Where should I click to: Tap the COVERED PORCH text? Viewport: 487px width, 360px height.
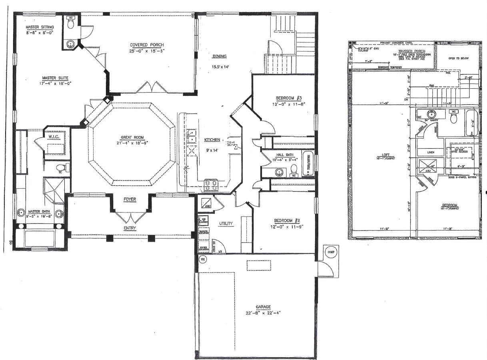click(x=147, y=45)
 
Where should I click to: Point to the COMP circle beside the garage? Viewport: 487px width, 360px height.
click(x=329, y=253)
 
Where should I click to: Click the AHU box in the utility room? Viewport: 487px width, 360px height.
click(x=206, y=203)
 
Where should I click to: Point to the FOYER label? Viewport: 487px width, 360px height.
click(x=129, y=199)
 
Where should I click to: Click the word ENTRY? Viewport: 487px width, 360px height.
click(x=130, y=228)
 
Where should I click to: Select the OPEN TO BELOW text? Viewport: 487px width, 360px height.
click(x=458, y=58)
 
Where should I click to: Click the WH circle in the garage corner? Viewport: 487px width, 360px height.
click(x=202, y=259)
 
